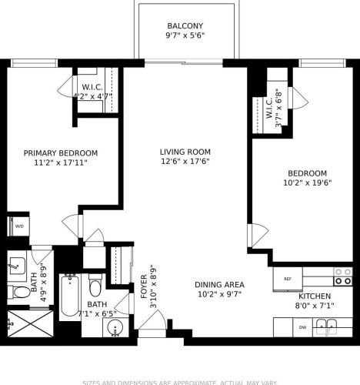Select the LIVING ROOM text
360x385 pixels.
click(185, 152)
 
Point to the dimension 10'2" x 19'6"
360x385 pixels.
click(307, 183)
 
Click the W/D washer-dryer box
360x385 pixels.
click(18, 226)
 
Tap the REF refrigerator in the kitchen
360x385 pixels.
click(288, 279)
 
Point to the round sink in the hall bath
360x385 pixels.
click(116, 330)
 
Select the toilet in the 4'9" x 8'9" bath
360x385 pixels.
click(17, 292)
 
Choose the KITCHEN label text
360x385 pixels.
click(314, 296)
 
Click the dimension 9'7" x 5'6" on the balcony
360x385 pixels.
click(185, 36)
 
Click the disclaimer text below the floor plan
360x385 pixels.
click(180, 380)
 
